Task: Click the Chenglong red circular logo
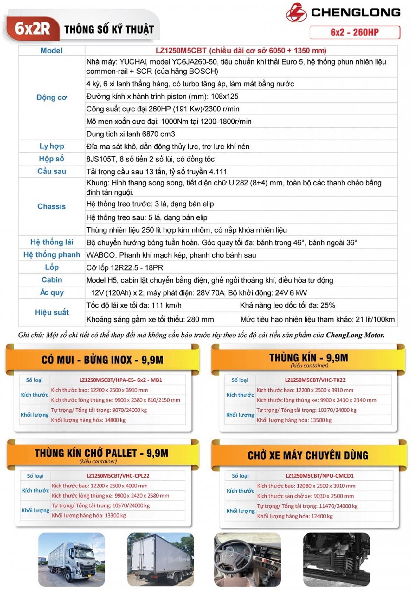(x=296, y=13)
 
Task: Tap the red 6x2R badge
(x=32, y=29)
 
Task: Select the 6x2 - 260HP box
(x=355, y=32)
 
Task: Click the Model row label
(x=51, y=51)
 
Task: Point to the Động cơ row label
(x=51, y=97)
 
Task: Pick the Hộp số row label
(x=51, y=159)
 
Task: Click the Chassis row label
(x=51, y=206)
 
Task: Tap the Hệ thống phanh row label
(x=52, y=255)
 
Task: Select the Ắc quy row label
(x=52, y=292)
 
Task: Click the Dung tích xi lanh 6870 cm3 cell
(x=131, y=134)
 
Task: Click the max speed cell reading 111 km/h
(x=134, y=305)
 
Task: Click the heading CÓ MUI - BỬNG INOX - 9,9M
(x=102, y=360)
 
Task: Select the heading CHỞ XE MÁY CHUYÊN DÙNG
(x=308, y=455)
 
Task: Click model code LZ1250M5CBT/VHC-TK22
(x=315, y=380)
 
